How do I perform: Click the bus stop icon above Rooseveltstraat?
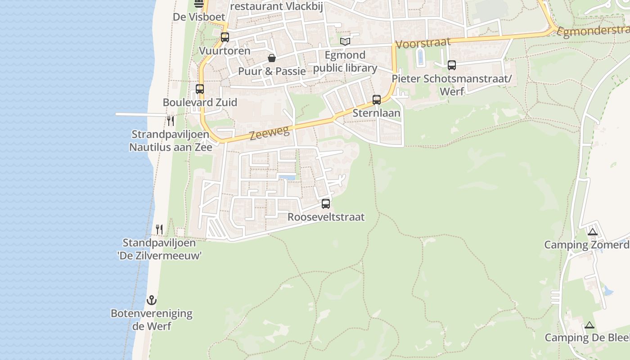pyautogui.click(x=326, y=204)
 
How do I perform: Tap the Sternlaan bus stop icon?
pyautogui.click(x=377, y=100)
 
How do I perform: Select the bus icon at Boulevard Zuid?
pyautogui.click(x=200, y=89)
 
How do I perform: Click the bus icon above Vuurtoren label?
pyautogui.click(x=225, y=37)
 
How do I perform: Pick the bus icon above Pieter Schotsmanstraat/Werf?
pyautogui.click(x=452, y=65)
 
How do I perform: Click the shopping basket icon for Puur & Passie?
pyautogui.click(x=272, y=58)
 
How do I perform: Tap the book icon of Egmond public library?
pyautogui.click(x=345, y=42)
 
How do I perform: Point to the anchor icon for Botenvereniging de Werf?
pyautogui.click(x=152, y=300)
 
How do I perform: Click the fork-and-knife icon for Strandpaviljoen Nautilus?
pyautogui.click(x=171, y=121)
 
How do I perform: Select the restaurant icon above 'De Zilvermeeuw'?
pyautogui.click(x=159, y=229)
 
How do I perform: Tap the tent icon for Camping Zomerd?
pyautogui.click(x=593, y=232)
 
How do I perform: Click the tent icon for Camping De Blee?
pyautogui.click(x=589, y=325)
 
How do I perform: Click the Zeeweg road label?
pyautogui.click(x=269, y=133)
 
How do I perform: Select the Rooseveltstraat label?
pyautogui.click(x=326, y=217)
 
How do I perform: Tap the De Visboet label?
pyautogui.click(x=199, y=17)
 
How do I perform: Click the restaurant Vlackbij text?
pyautogui.click(x=277, y=6)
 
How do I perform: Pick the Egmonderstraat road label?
pyautogui.click(x=593, y=31)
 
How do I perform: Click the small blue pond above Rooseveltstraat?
pyautogui.click(x=287, y=178)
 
